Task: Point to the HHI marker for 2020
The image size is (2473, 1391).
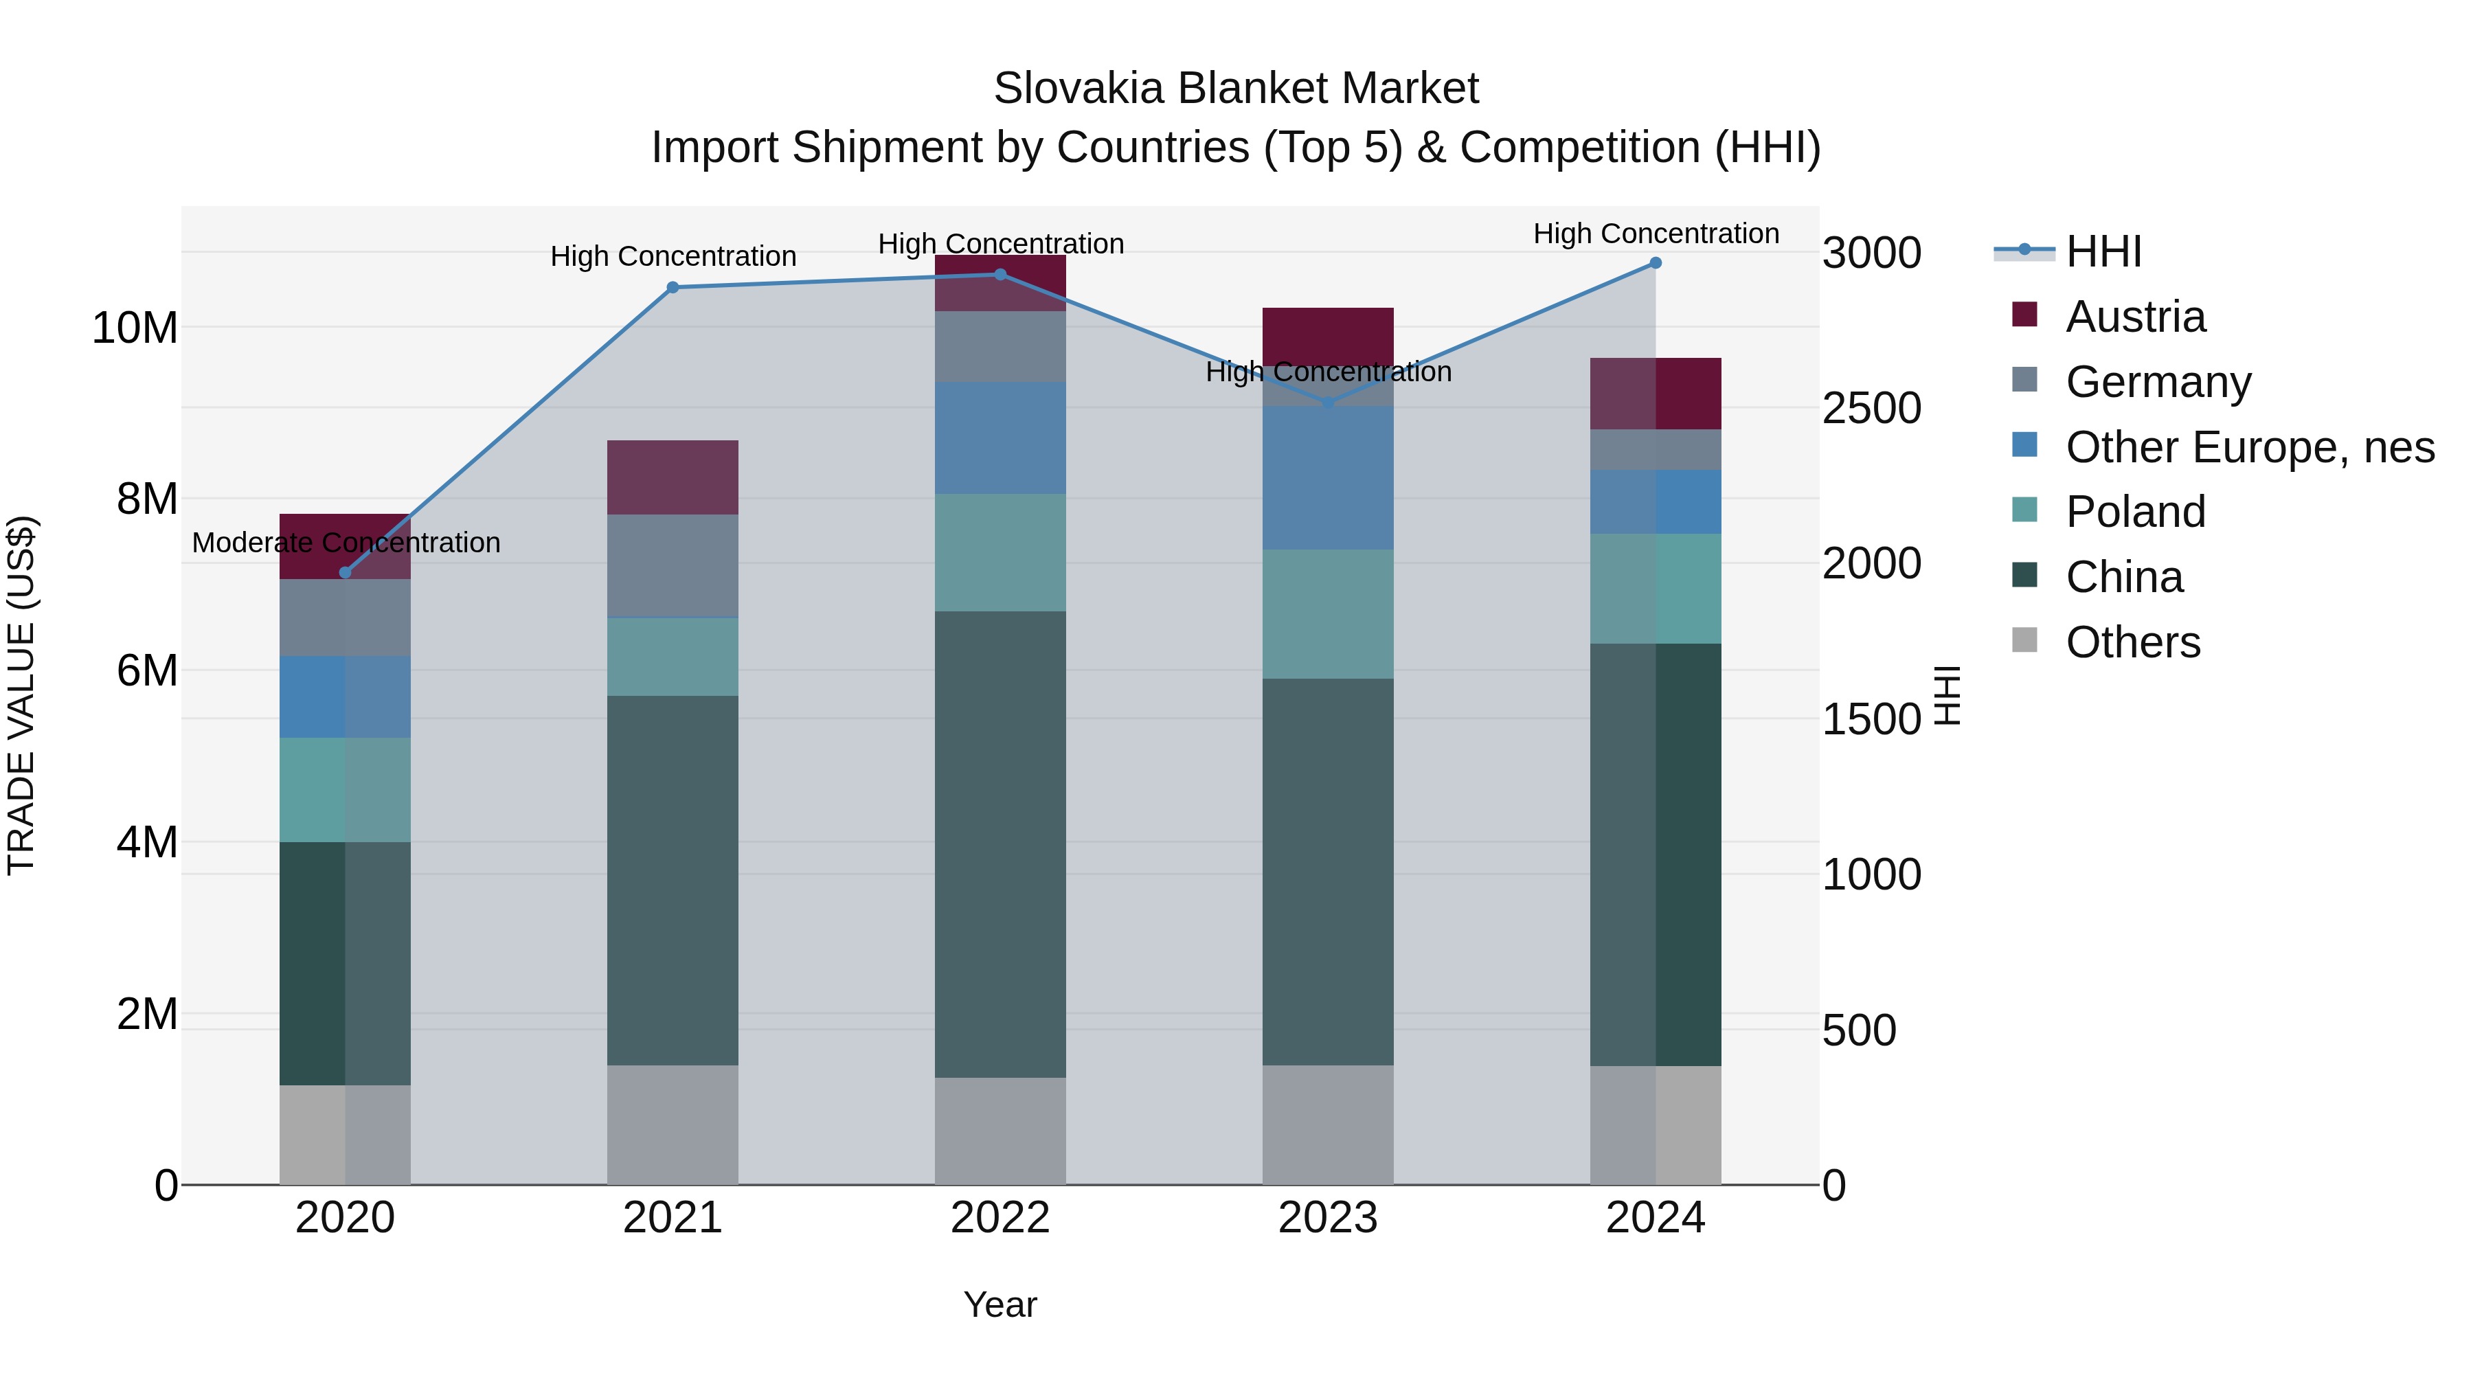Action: [x=346, y=573]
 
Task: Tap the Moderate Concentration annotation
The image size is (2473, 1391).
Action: [x=346, y=543]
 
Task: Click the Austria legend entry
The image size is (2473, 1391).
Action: [x=2135, y=317]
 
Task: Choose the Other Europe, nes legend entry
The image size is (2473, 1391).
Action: [x=2249, y=447]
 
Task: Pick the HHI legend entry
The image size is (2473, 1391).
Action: [x=2103, y=251]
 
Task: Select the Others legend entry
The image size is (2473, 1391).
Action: [x=2132, y=642]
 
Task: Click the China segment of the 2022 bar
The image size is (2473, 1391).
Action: [x=1000, y=845]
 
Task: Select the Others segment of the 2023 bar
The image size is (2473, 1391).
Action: [x=1328, y=1125]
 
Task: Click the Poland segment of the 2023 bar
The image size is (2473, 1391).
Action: [x=1328, y=614]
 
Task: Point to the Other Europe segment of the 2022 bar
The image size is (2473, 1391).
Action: [x=1000, y=438]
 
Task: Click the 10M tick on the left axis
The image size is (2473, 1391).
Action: [x=135, y=328]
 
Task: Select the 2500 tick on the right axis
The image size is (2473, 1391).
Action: [x=1871, y=408]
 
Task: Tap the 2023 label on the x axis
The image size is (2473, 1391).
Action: [x=1328, y=1218]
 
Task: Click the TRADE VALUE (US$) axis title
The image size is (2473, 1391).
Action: [x=21, y=695]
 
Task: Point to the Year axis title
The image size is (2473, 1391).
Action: [x=1000, y=1304]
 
